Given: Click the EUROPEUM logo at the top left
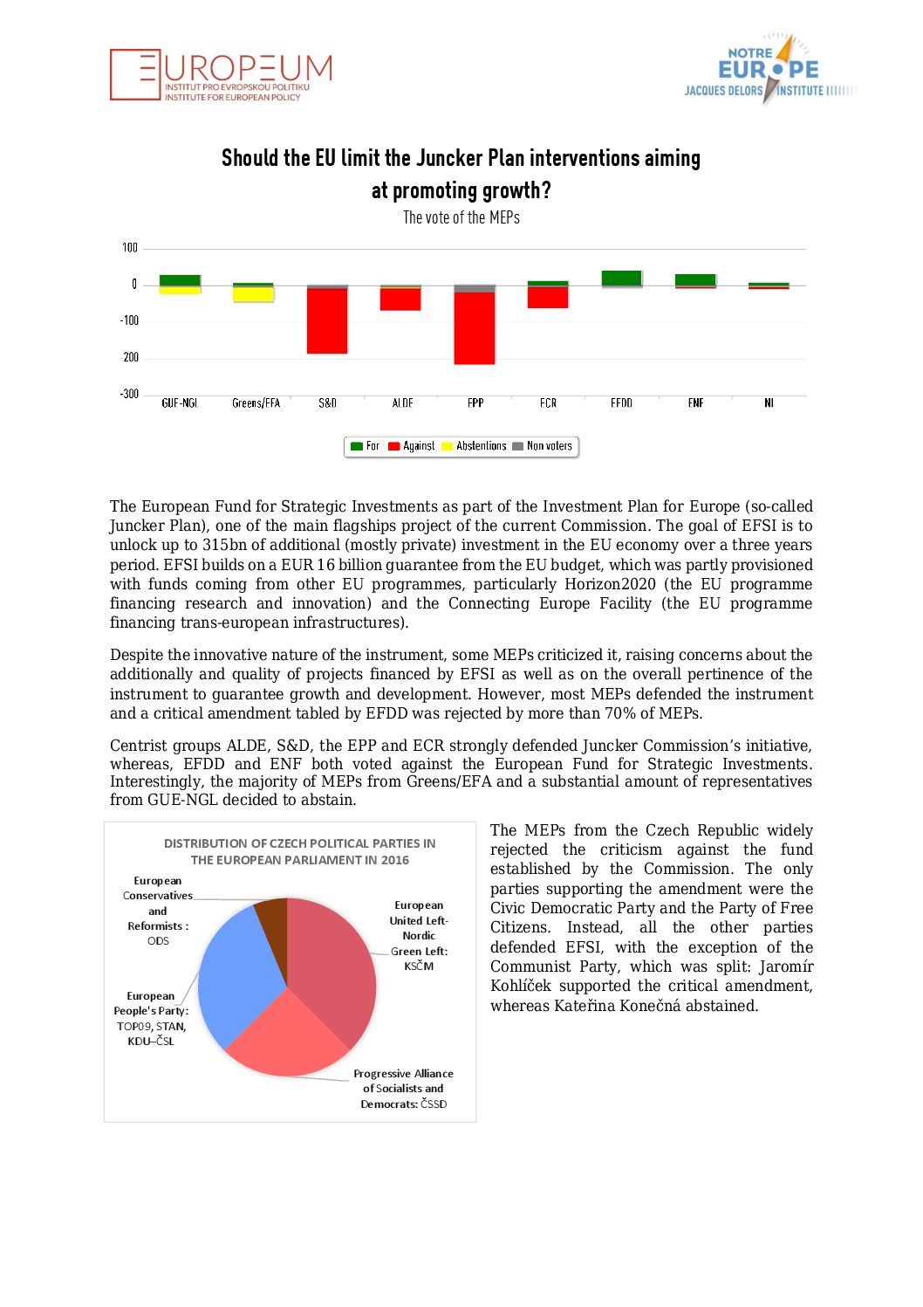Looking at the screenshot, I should point(222,75).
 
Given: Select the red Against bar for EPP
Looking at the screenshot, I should point(475,327).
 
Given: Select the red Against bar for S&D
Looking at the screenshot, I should point(327,320).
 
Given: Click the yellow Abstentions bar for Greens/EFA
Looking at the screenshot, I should point(253,294).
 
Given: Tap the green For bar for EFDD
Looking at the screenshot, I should point(621,278).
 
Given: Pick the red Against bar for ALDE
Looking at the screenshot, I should point(400,299).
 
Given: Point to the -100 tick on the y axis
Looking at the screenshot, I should point(129,320).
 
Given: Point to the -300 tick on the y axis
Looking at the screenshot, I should point(129,394).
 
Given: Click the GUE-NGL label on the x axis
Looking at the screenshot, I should point(180,403).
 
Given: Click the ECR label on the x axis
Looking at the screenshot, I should point(548,403).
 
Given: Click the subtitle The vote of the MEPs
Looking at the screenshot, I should point(461,217).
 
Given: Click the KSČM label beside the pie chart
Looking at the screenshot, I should point(419,966).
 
